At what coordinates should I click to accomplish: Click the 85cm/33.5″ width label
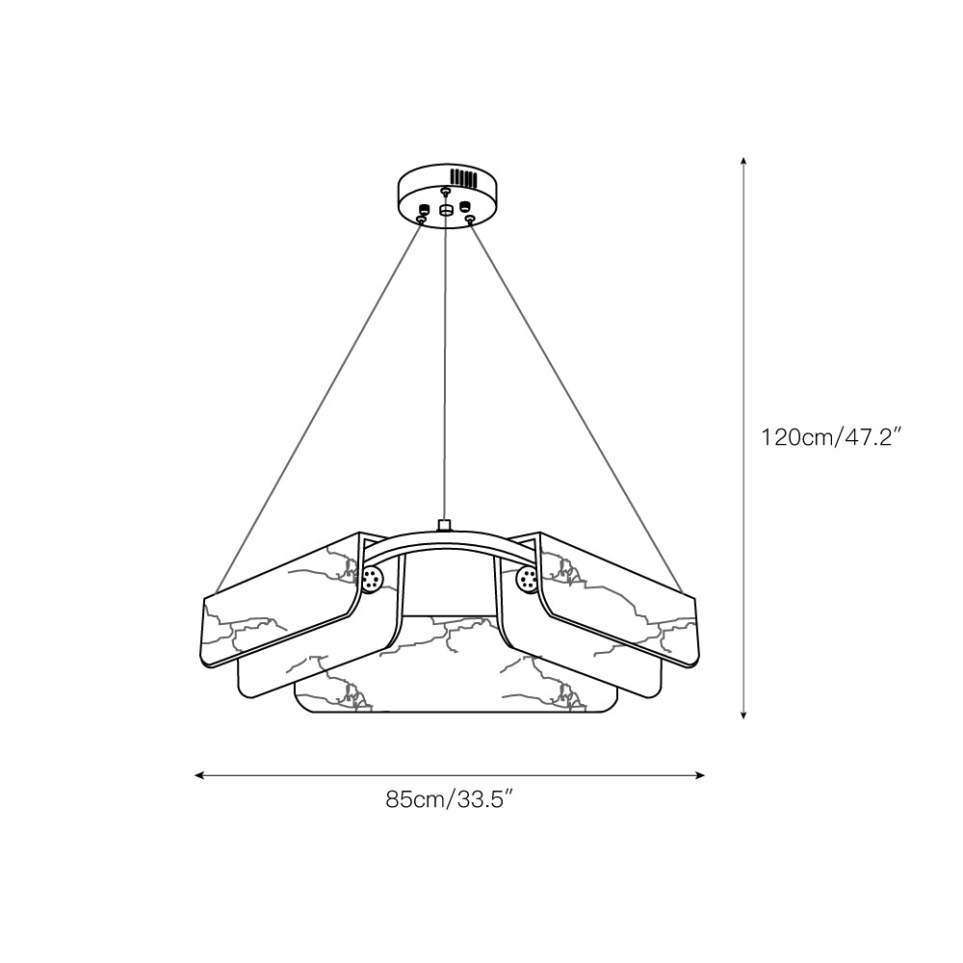pyautogui.click(x=449, y=799)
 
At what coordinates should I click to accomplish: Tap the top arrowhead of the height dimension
pyautogui.click(x=743, y=161)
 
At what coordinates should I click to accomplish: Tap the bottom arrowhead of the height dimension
pyautogui.click(x=743, y=715)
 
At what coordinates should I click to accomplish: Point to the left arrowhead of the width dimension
pyautogui.click(x=199, y=775)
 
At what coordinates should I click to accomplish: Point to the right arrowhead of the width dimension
pyautogui.click(x=699, y=775)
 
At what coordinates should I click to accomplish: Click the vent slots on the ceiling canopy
pyautogui.click(x=464, y=177)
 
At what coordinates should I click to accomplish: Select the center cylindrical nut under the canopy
pyautogui.click(x=446, y=210)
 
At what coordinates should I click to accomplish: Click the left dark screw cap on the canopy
pyautogui.click(x=423, y=208)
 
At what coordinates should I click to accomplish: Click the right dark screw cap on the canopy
pyautogui.click(x=465, y=204)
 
